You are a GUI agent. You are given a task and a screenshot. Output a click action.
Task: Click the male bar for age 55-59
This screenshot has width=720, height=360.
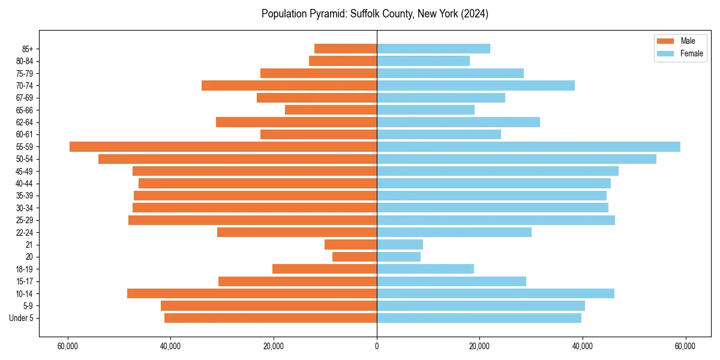pos(223,147)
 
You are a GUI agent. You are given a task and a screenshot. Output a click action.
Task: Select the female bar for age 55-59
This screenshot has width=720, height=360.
pos(528,147)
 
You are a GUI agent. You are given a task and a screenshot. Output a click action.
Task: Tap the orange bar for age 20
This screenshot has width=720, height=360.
pos(355,257)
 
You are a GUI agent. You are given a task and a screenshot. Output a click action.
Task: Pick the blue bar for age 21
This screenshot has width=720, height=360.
pos(400,244)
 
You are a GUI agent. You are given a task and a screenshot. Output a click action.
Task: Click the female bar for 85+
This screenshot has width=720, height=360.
pos(433,49)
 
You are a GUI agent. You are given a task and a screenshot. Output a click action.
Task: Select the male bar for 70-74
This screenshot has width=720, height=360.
pos(289,85)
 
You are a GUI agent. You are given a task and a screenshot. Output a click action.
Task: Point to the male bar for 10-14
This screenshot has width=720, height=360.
pos(252,293)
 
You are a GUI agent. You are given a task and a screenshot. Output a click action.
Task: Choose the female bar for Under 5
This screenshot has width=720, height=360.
pos(479,318)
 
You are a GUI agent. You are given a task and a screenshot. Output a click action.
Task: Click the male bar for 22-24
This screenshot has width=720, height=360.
pos(297,232)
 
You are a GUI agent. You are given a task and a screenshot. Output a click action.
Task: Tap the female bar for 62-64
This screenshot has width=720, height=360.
pos(458,122)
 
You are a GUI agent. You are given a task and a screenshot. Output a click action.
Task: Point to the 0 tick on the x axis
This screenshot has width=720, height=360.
pos(377,346)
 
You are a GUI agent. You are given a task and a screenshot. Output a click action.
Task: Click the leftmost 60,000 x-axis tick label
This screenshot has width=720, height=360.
pos(68,346)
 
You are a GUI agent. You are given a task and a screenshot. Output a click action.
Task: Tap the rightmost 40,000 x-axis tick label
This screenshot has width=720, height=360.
pos(582,346)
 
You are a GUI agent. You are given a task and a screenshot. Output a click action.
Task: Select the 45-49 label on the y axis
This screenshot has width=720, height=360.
pos(25,171)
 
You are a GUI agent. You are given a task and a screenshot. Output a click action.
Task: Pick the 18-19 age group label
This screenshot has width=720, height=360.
pos(25,269)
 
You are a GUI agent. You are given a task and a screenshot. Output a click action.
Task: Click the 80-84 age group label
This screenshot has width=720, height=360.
pos(25,61)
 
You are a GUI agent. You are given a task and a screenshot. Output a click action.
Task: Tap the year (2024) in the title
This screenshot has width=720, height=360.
pos(475,14)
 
